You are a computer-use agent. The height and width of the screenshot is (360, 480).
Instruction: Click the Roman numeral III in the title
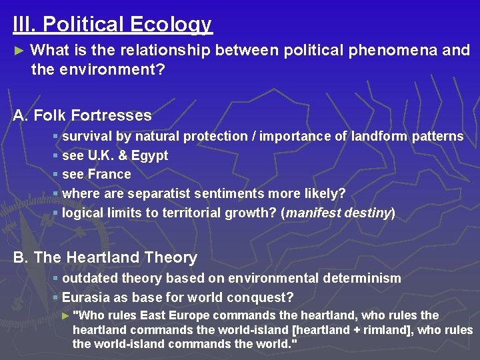click(22, 25)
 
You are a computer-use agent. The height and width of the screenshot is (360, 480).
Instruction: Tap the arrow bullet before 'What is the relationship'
click(19, 51)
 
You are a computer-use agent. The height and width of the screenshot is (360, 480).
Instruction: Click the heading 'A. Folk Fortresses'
click(83, 115)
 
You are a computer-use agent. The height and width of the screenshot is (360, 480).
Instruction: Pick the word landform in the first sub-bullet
click(379, 136)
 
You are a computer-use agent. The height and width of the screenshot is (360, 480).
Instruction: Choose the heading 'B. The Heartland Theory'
click(105, 257)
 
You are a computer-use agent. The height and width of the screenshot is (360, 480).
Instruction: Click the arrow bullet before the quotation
click(65, 315)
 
